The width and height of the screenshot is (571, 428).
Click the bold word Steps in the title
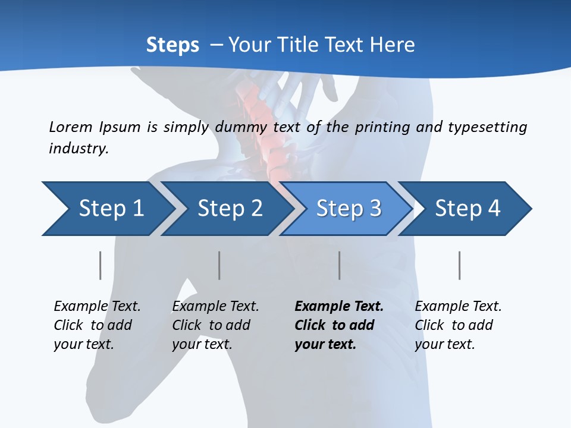pyautogui.click(x=172, y=45)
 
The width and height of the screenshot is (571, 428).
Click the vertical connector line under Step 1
pyautogui.click(x=100, y=265)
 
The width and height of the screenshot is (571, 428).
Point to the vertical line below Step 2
pyautogui.click(x=219, y=265)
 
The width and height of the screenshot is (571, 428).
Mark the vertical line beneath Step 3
pyautogui.click(x=339, y=265)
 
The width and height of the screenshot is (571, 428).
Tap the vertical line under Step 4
pyautogui.click(x=459, y=265)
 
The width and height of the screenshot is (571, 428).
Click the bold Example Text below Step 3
pyautogui.click(x=339, y=325)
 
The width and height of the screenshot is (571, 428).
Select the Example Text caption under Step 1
pyautogui.click(x=97, y=325)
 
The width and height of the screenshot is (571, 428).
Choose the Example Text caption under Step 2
pyautogui.click(x=215, y=325)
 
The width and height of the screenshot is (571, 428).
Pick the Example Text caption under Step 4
pyautogui.click(x=458, y=325)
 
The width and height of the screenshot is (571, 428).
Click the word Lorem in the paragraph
pyautogui.click(x=71, y=127)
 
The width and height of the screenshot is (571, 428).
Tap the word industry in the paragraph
pyautogui.click(x=79, y=149)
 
